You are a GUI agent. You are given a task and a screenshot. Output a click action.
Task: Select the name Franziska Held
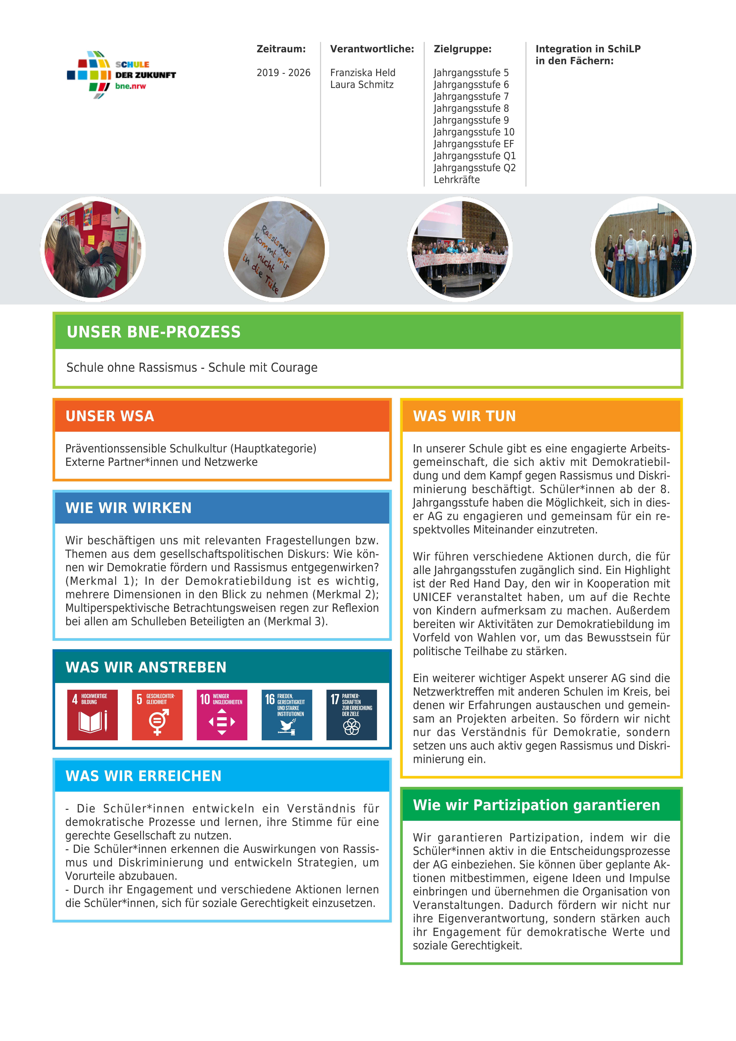[363, 73]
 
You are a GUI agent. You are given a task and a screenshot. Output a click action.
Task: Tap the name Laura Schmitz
[362, 84]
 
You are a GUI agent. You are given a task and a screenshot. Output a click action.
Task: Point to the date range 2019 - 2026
[283, 73]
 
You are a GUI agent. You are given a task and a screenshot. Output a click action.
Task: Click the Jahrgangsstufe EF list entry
[474, 144]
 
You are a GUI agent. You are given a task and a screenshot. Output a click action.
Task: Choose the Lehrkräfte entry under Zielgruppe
[456, 180]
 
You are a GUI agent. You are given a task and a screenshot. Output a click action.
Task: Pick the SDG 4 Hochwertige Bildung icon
[92, 715]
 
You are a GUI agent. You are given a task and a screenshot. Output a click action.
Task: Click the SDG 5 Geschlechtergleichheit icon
[157, 715]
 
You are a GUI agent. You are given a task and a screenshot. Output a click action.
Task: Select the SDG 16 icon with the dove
[287, 715]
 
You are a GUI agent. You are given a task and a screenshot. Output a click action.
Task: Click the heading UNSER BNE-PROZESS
[154, 332]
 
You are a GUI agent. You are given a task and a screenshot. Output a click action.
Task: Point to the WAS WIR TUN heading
[465, 416]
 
